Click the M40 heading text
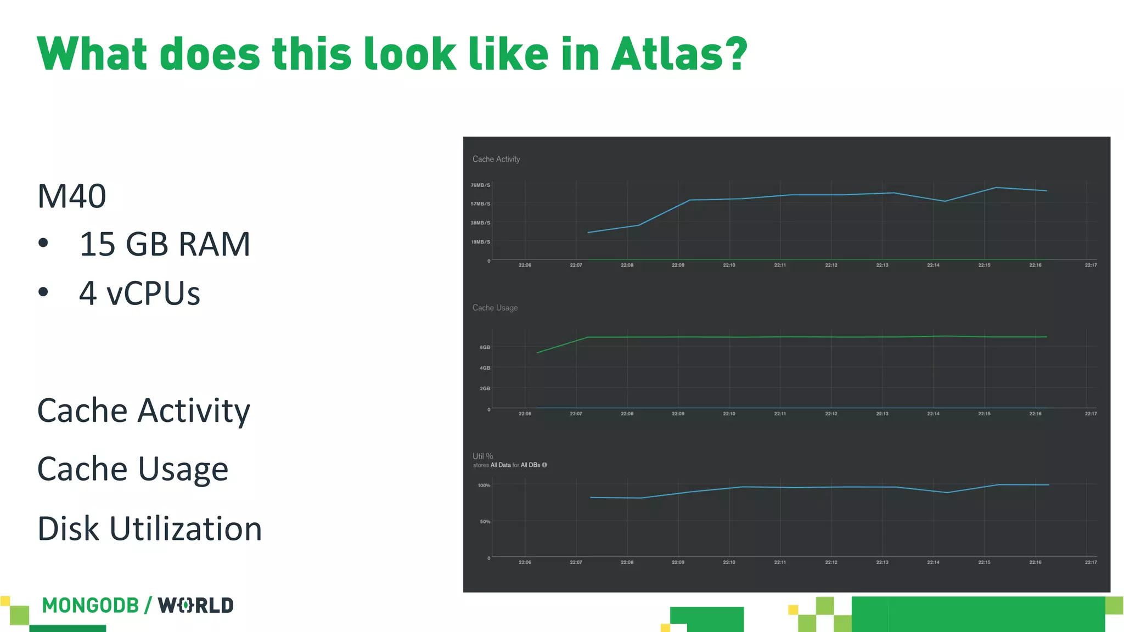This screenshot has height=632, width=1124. (x=71, y=196)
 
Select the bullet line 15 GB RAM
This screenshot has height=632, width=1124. (x=164, y=244)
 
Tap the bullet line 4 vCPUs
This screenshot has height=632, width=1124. (x=139, y=294)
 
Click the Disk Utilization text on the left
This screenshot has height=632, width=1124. (x=149, y=529)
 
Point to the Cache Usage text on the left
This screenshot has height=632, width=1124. (x=132, y=470)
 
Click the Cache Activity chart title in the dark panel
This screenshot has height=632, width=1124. (x=496, y=159)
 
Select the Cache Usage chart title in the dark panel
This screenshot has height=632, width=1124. (x=495, y=308)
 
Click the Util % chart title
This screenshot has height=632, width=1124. (x=483, y=456)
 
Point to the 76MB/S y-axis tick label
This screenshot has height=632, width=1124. (x=480, y=185)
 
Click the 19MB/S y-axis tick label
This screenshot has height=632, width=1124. (x=480, y=242)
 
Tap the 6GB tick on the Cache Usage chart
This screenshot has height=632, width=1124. (x=485, y=347)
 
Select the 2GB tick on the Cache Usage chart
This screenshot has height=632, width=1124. (x=485, y=388)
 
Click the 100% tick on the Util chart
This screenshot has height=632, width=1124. (x=484, y=486)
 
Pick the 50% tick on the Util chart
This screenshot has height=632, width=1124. (x=485, y=522)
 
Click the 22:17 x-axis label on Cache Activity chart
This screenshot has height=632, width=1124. (x=1091, y=266)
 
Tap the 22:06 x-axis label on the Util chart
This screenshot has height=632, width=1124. (x=525, y=562)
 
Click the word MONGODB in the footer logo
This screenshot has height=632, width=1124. (x=91, y=606)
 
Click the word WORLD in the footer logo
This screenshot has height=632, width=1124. (x=196, y=606)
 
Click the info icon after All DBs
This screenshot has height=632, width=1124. (x=544, y=465)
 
